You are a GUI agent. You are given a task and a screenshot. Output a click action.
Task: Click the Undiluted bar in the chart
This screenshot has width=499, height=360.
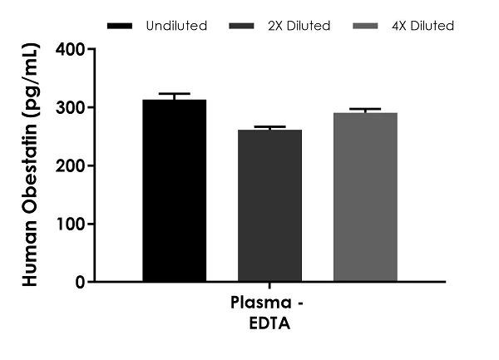pyautogui.click(x=174, y=191)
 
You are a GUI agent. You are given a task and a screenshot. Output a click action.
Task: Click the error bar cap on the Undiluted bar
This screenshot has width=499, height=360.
pyautogui.click(x=174, y=95)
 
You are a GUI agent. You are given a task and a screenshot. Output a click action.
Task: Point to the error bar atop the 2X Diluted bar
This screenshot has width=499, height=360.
pyautogui.click(x=269, y=127)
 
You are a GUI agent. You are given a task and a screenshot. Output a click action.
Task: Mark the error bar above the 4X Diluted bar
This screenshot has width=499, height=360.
pyautogui.click(x=365, y=110)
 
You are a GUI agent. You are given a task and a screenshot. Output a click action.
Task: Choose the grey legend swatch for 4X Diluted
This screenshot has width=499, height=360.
pyautogui.click(x=363, y=26)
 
